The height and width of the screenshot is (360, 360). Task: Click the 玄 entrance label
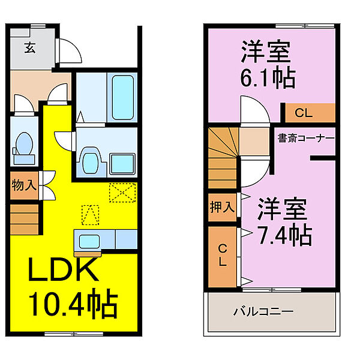point(29,49)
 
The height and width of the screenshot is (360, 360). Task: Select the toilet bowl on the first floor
point(25,144)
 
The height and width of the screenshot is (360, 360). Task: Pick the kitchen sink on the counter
point(88,241)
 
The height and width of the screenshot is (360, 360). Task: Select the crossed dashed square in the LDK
point(123,193)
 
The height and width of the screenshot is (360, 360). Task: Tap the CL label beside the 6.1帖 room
point(304,112)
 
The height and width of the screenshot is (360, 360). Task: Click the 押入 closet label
point(222,208)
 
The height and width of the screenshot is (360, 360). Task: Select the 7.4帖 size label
point(285,234)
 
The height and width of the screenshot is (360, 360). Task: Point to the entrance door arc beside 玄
point(71,52)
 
